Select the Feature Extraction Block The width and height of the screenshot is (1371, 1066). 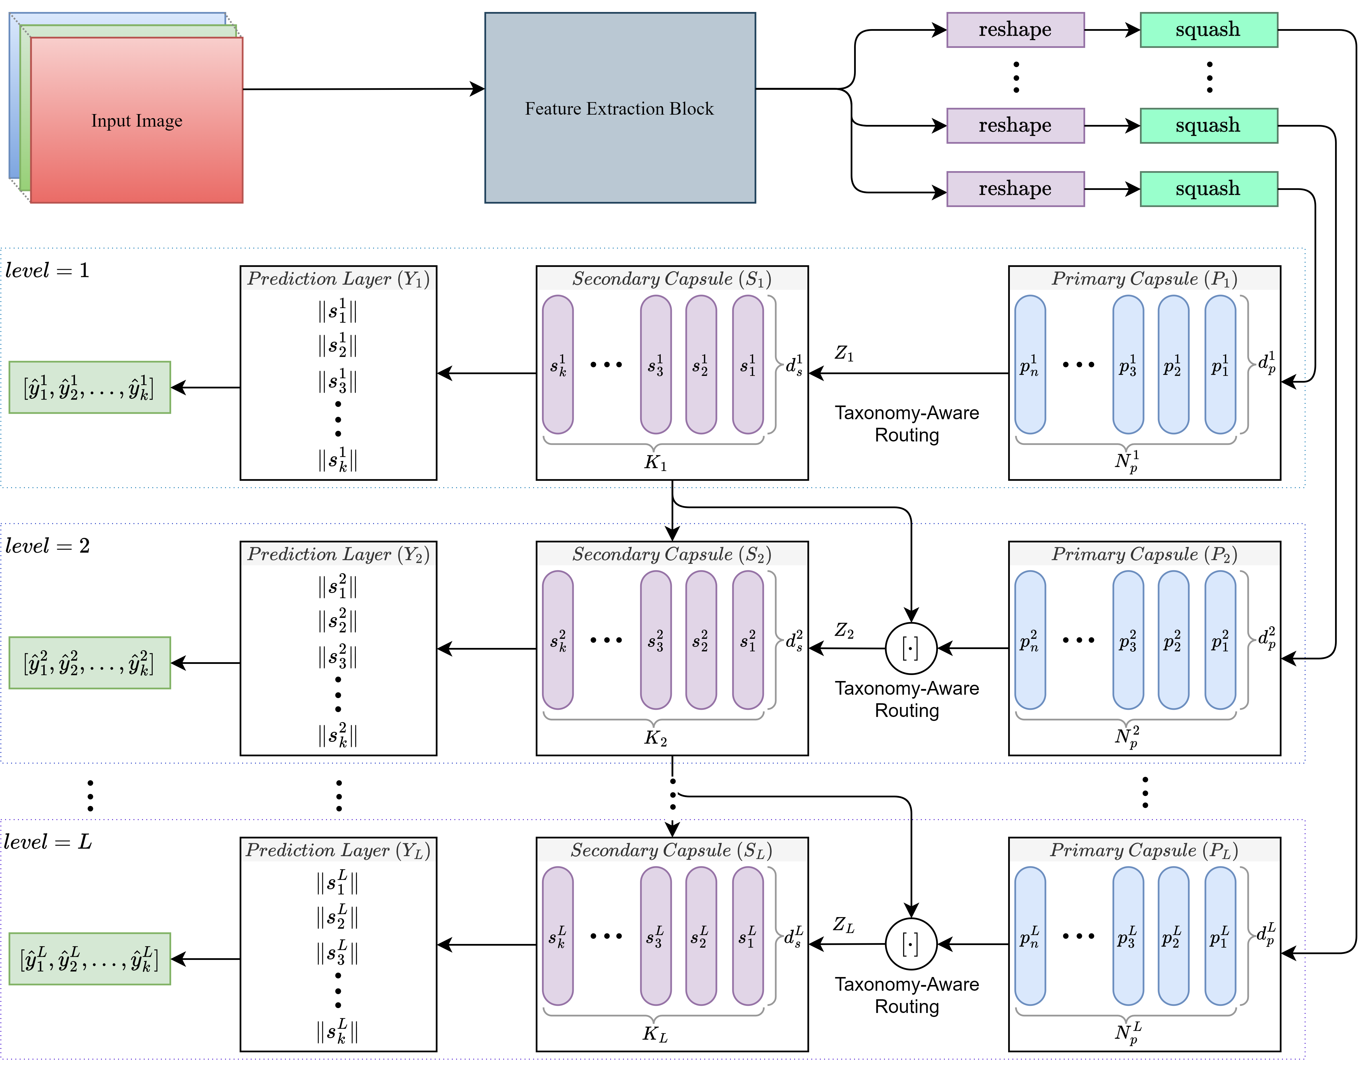coord(620,108)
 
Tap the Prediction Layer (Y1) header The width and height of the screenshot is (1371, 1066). coord(338,279)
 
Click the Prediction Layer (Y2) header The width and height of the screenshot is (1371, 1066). coord(338,554)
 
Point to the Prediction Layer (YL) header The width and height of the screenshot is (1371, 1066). coord(338,850)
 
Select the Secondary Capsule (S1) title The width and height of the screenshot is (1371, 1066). coord(672,279)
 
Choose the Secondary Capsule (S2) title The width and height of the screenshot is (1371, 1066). coord(672,554)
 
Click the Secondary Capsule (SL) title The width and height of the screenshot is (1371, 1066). coord(672,850)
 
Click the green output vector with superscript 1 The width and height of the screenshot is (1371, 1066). coord(89,387)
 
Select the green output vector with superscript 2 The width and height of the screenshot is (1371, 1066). coord(89,662)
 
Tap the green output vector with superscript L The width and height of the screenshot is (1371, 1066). coord(89,959)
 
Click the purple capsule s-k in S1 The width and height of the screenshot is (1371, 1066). coord(557,364)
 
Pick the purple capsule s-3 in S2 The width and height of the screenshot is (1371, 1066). coord(655,640)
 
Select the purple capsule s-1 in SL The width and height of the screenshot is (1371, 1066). coord(748,936)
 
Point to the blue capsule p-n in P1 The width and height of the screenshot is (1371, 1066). coord(1030,364)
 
